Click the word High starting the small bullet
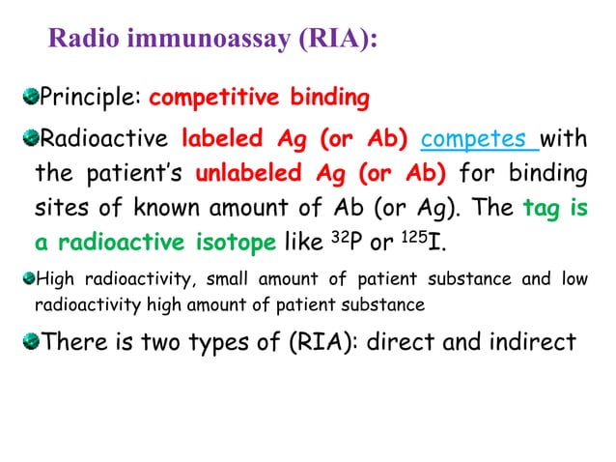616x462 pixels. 53,281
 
